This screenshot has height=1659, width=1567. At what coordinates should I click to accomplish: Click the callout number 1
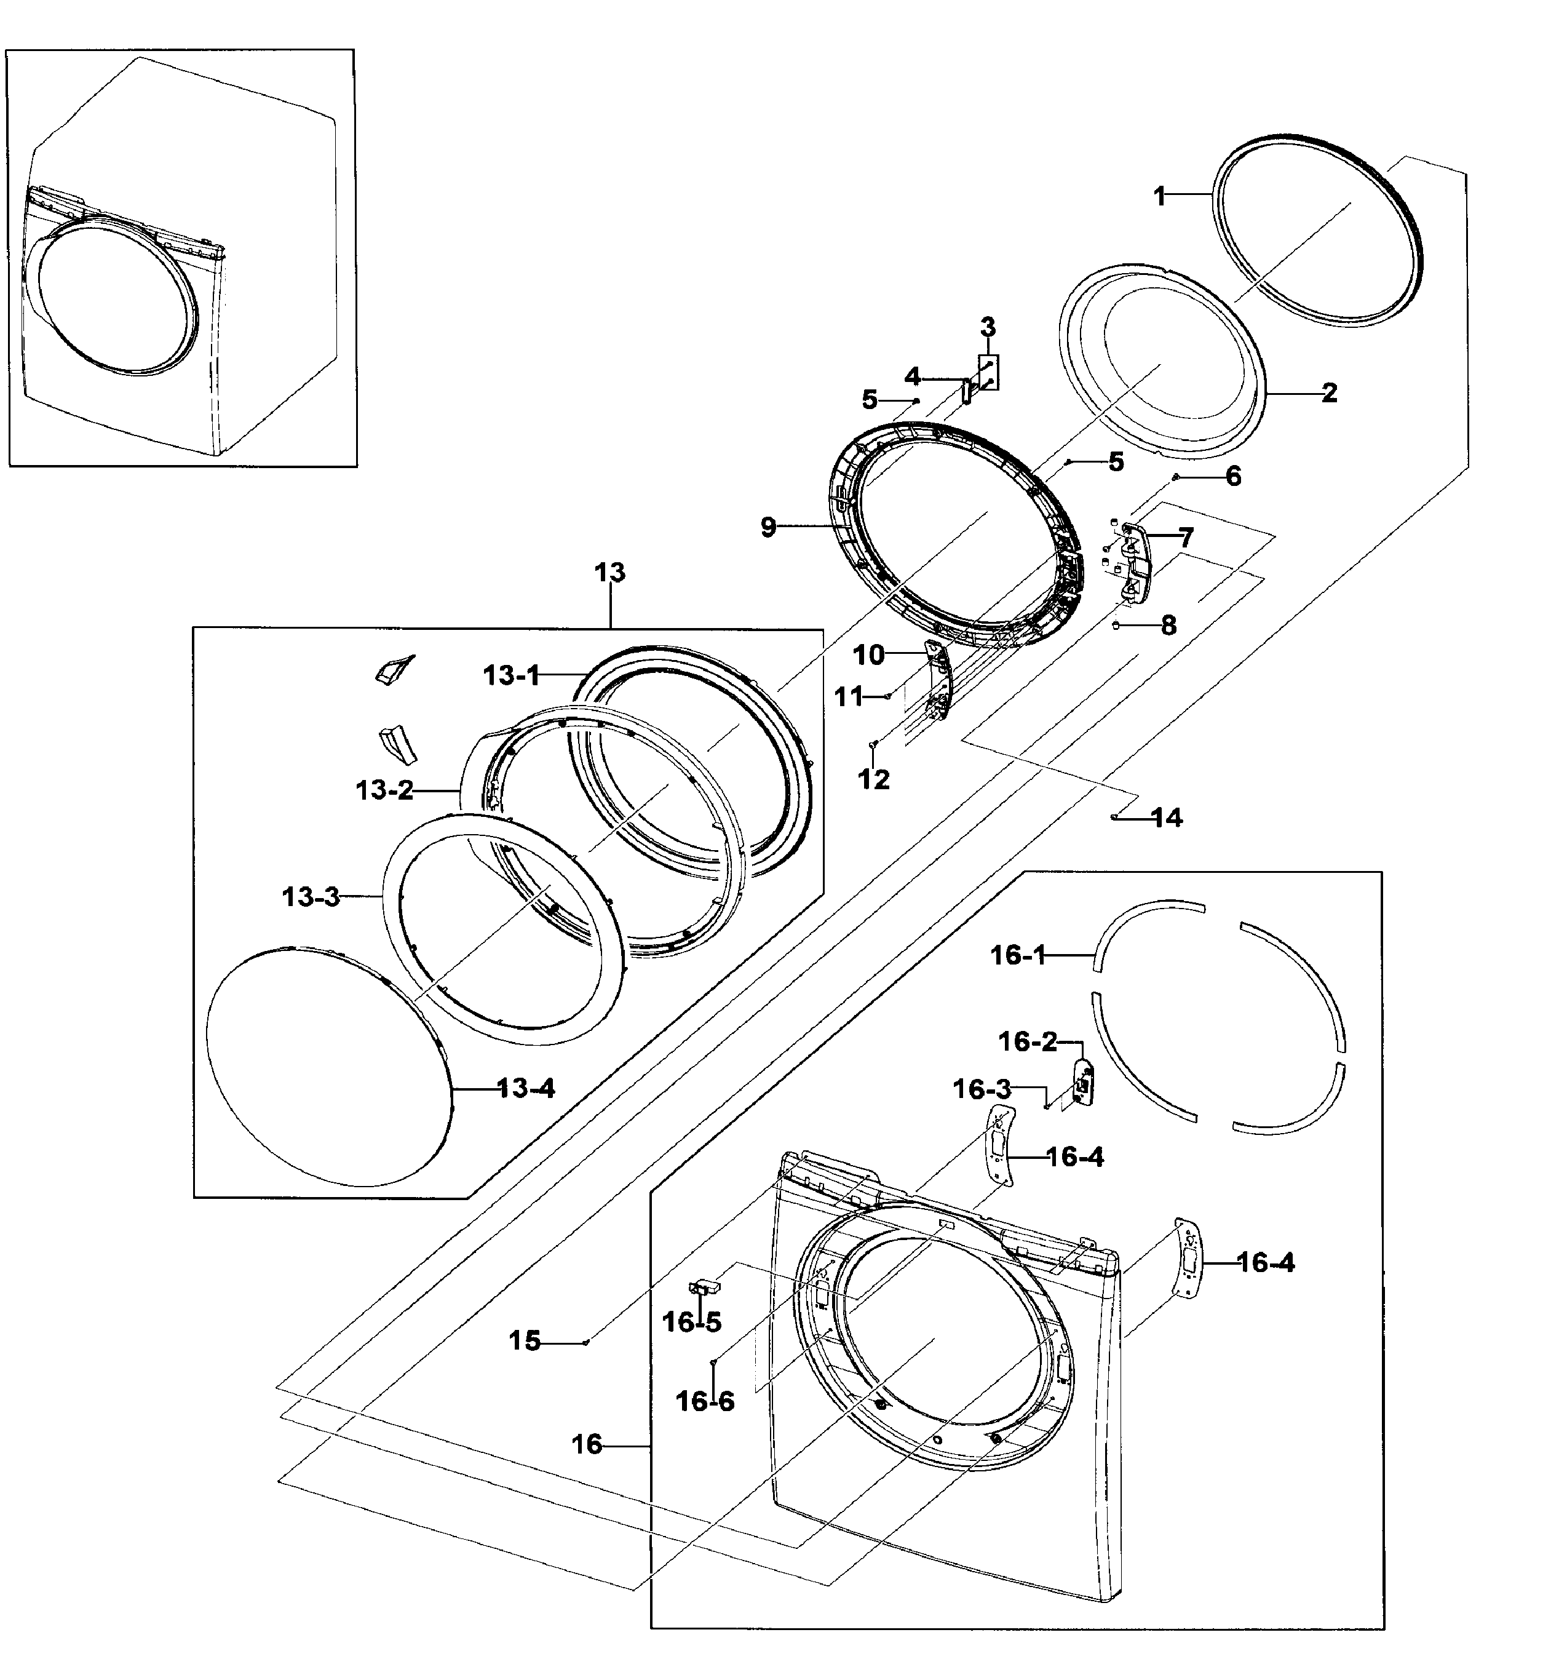pos(1159,196)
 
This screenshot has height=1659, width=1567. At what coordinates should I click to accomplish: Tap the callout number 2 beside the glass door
pos(1329,392)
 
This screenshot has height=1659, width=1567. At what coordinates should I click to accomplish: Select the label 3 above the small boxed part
pos(988,327)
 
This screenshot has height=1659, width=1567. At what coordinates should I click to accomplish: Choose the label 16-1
pos(1017,954)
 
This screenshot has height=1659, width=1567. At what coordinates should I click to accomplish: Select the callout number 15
pos(525,1341)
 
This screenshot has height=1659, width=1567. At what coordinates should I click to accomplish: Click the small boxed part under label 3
pos(988,372)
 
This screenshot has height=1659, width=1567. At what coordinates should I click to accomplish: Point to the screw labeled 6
pos(1175,477)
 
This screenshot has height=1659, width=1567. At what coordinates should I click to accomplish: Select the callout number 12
pos(874,779)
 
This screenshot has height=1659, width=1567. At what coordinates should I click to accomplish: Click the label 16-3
pos(982,1089)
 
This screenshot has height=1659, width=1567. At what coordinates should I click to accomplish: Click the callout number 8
pos(1168,625)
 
